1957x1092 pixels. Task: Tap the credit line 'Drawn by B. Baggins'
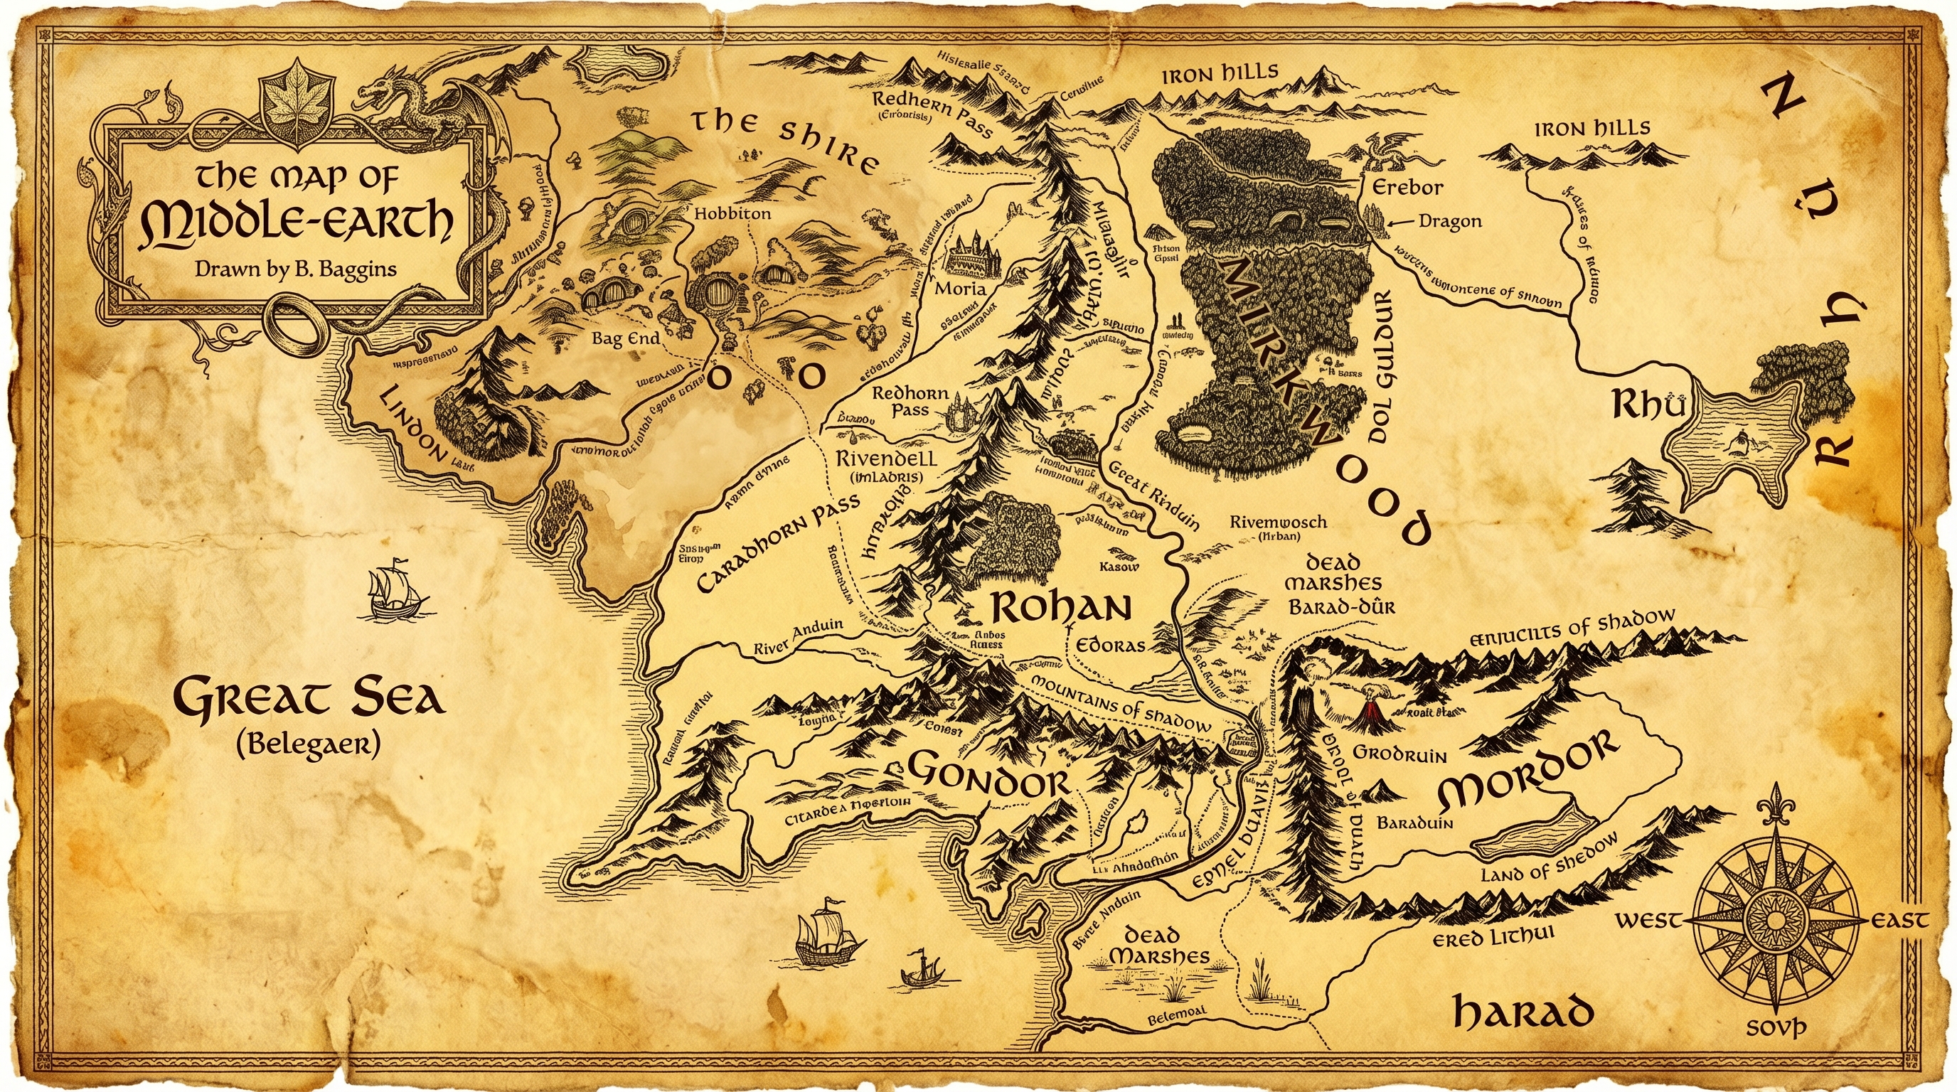point(296,269)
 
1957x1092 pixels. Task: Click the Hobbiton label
point(732,213)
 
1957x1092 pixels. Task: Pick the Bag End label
point(626,338)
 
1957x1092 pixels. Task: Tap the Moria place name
point(960,289)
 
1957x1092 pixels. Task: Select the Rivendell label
point(886,459)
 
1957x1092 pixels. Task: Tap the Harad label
point(1523,1012)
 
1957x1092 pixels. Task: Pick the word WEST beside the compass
point(1648,921)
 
